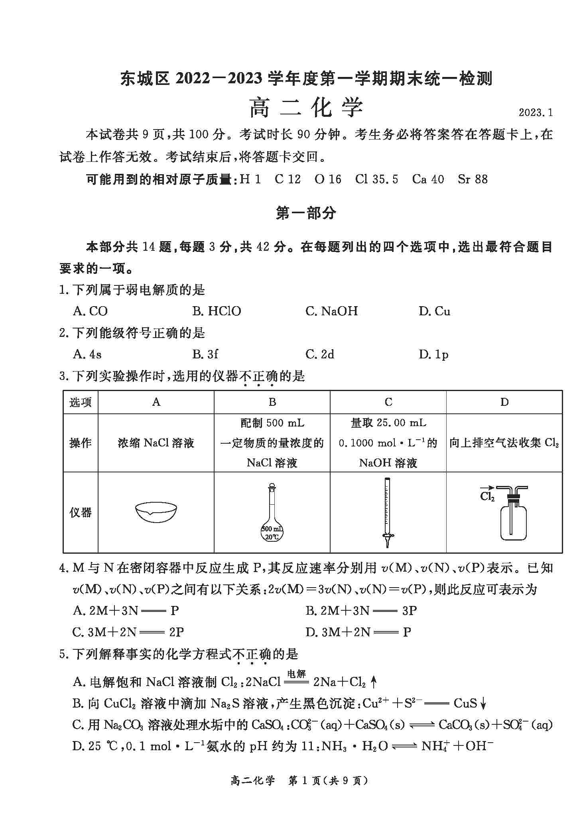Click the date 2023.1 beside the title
pyautogui.click(x=536, y=112)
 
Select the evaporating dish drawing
pyautogui.click(x=156, y=512)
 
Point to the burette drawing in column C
pyautogui.click(x=387, y=512)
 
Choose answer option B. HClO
pyautogui.click(x=217, y=311)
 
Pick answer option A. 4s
pyautogui.click(x=87, y=354)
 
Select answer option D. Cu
pyautogui.click(x=434, y=311)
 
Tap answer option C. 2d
pyautogui.click(x=320, y=354)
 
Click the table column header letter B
pyautogui.click(x=272, y=402)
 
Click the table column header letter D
pyautogui.click(x=504, y=402)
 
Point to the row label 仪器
pyautogui.click(x=81, y=512)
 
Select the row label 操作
pyautogui.click(x=81, y=442)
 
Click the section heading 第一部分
pyautogui.click(x=306, y=214)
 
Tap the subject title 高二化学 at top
pyautogui.click(x=306, y=108)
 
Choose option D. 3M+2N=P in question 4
pyautogui.click(x=358, y=632)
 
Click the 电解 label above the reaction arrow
pyautogui.click(x=296, y=673)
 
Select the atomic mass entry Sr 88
pyautogui.click(x=473, y=179)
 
